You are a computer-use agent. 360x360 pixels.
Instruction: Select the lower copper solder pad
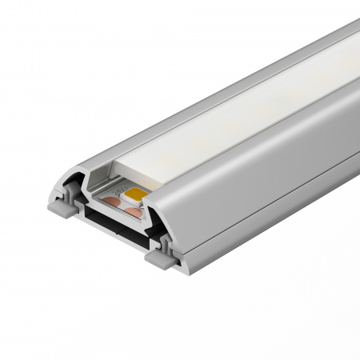tap(131, 212)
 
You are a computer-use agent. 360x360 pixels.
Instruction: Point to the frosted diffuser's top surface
tap(240, 112)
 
